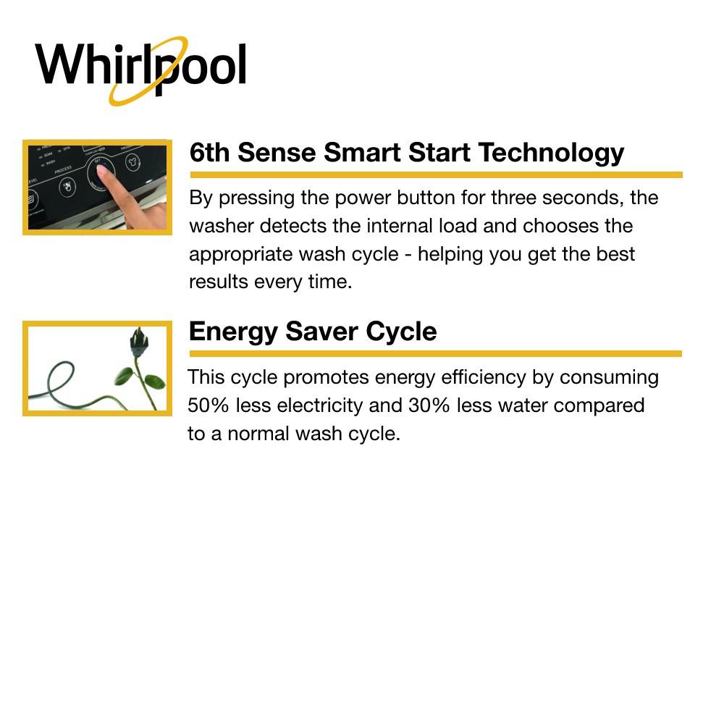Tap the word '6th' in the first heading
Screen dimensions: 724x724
tap(209, 153)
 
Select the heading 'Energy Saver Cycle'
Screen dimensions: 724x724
tap(312, 332)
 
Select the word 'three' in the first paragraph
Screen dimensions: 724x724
tap(514, 198)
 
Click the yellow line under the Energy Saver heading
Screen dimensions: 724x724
tap(434, 354)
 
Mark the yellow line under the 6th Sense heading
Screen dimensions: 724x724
tap(434, 174)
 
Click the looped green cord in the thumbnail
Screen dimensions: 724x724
tap(62, 380)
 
